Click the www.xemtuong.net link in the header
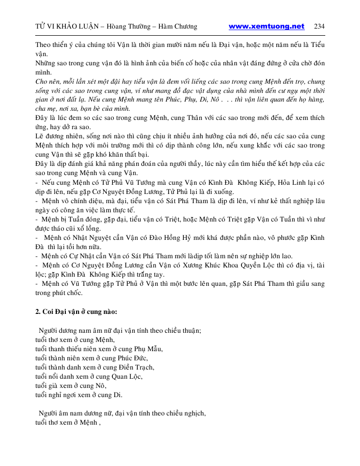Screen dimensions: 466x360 266,27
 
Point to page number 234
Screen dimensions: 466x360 319,27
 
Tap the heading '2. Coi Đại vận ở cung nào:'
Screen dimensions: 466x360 76,312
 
